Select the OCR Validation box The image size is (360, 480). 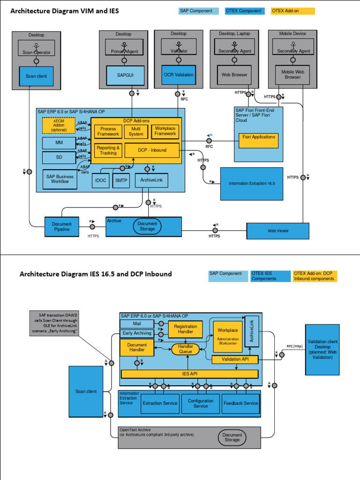178,75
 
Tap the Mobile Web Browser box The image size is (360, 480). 292,75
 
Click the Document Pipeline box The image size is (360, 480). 62,227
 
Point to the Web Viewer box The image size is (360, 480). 278,231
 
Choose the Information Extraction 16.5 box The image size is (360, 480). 252,184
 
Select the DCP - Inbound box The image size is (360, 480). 152,150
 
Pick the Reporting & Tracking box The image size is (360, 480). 108,150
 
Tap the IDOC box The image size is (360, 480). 100,180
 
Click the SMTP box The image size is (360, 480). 121,180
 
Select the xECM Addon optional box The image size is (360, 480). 59,126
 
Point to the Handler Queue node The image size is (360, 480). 186,349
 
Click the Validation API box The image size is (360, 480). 235,360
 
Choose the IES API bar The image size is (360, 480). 189,374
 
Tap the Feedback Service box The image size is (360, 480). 240,403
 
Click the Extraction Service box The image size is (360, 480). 160,403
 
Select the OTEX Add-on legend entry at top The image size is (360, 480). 292,11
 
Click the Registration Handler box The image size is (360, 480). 185,329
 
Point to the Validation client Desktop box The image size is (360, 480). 322,350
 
